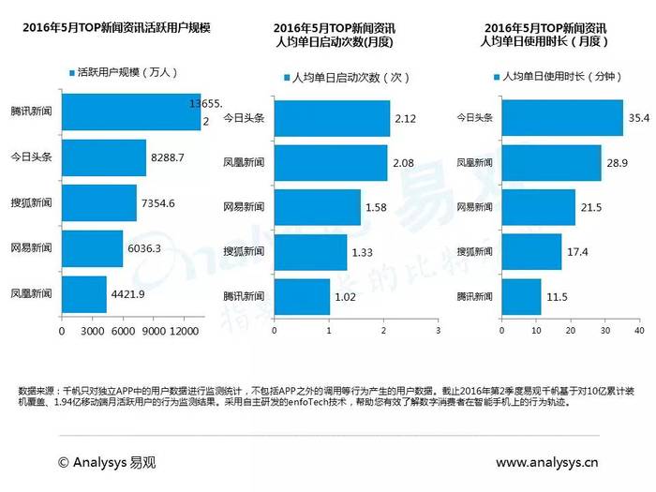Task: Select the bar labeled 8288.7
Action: [103, 158]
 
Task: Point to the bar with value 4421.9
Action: [83, 293]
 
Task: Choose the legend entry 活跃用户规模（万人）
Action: [126, 71]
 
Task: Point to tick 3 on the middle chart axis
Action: [438, 331]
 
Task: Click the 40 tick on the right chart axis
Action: [638, 331]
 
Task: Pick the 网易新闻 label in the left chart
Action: [31, 248]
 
